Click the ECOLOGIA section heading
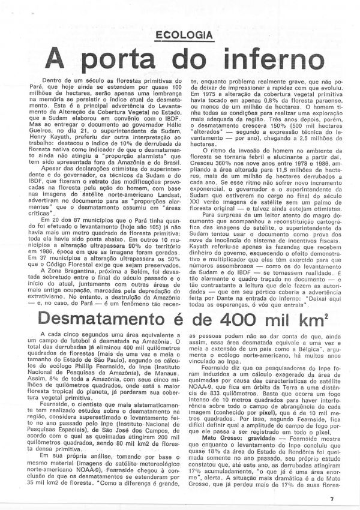[x=183, y=34]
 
